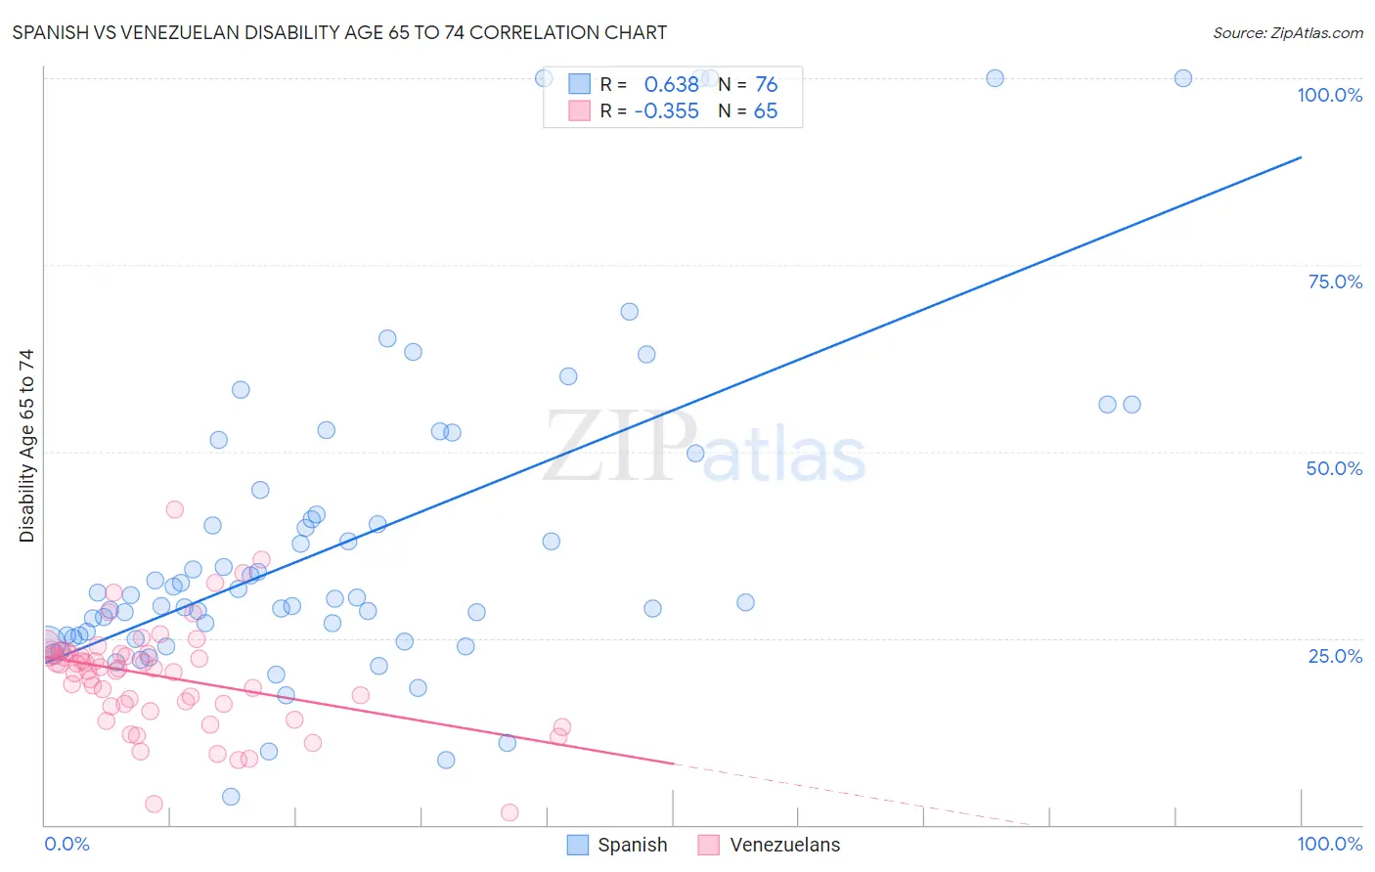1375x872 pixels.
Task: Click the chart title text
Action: click(339, 32)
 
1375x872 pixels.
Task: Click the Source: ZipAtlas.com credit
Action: click(1287, 33)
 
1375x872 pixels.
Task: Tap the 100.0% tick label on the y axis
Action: click(1329, 95)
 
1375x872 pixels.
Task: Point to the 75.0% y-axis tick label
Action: click(1335, 282)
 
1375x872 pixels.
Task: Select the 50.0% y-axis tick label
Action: click(1334, 468)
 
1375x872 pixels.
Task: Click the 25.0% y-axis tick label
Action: click(1335, 655)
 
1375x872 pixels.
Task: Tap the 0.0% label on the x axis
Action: click(67, 844)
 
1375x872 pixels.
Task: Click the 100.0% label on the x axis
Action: click(1329, 844)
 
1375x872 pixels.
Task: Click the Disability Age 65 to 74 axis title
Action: click(26, 446)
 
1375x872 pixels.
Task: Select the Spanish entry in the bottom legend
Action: click(632, 845)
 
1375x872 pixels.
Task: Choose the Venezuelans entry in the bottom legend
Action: click(784, 845)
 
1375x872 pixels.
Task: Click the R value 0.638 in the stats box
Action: click(671, 85)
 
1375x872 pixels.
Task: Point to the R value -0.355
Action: click(667, 111)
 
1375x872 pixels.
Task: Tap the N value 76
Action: click(766, 85)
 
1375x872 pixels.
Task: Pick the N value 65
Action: click(765, 111)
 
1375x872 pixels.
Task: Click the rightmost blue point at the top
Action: click(1182, 78)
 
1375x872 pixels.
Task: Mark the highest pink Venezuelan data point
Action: click(175, 509)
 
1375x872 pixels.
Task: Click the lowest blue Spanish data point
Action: click(231, 797)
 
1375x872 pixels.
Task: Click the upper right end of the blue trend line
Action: click(1301, 156)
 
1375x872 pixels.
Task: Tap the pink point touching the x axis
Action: click(510, 812)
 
